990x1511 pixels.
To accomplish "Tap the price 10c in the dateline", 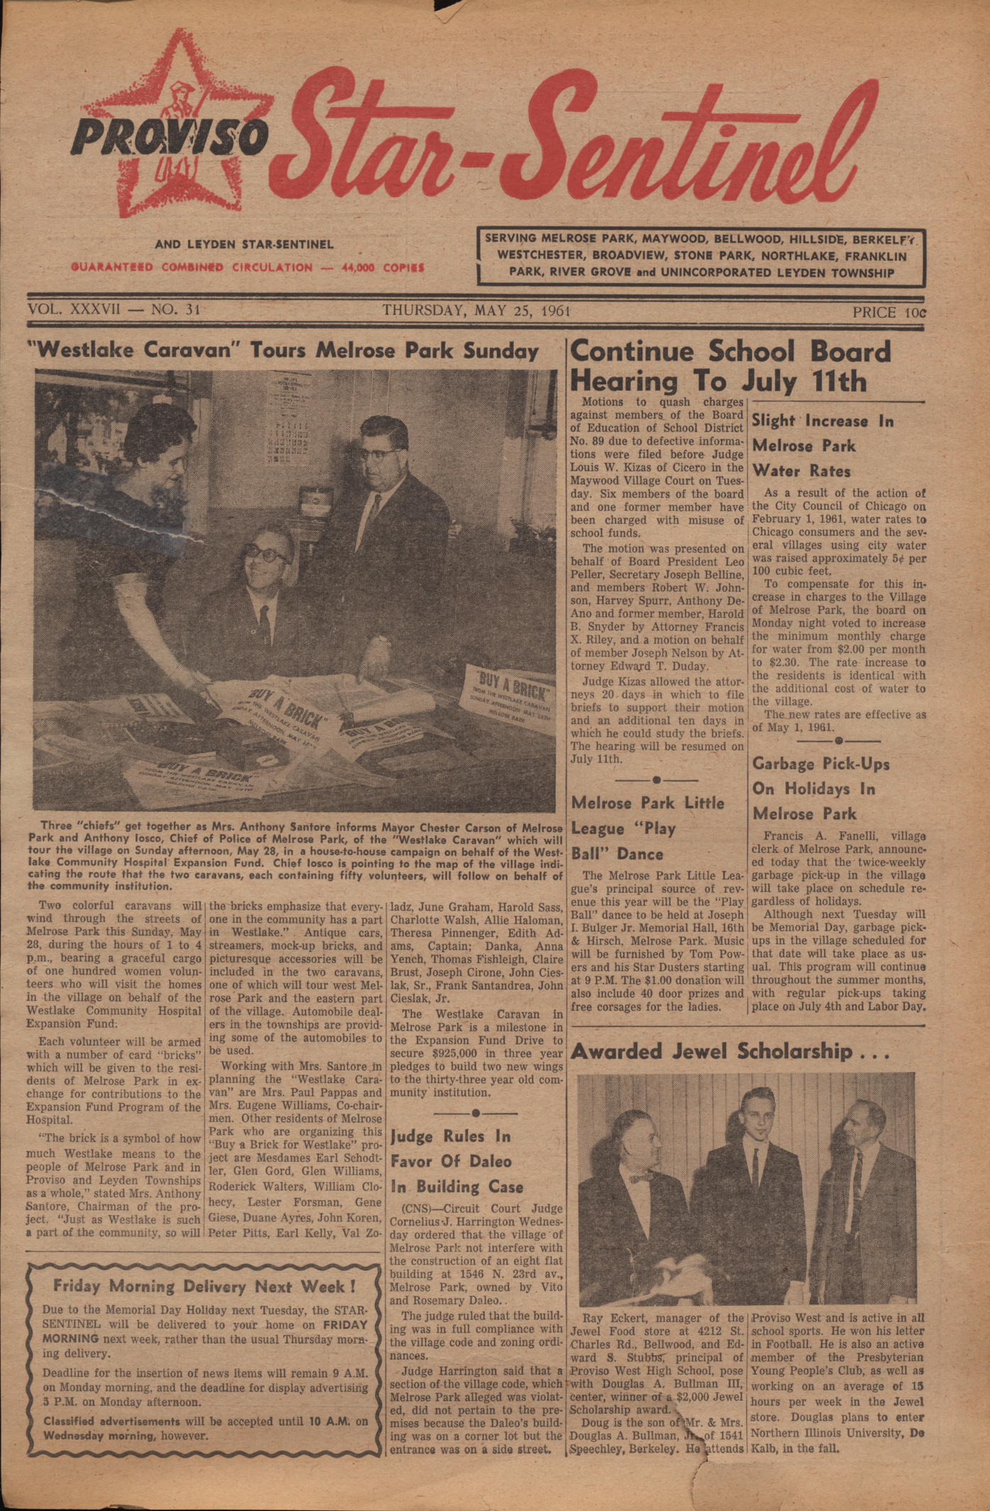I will click(x=889, y=312).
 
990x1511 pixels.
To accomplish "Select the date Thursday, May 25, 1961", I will click(x=476, y=311).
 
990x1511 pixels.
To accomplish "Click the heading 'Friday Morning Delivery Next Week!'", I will click(x=204, y=1286).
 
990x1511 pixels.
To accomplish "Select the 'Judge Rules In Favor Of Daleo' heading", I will click(x=456, y=1161).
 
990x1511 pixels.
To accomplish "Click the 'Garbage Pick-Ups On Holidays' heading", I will click(x=820, y=789).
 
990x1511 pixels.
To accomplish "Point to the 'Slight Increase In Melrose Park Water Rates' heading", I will click(x=822, y=445).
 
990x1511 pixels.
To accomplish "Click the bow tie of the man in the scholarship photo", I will click(x=641, y=1178).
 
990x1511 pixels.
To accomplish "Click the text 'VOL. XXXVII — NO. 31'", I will click(x=114, y=310).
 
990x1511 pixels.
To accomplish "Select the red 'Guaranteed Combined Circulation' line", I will click(x=247, y=267).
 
